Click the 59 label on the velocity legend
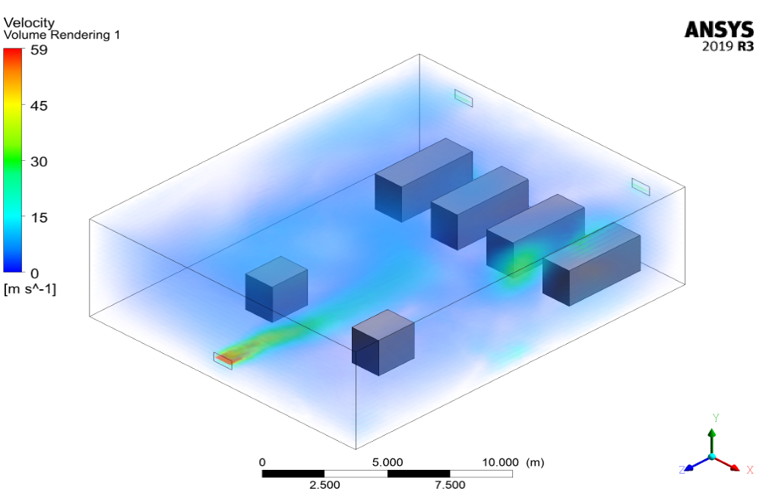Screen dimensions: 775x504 point(39,50)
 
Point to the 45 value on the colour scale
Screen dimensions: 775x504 point(39,106)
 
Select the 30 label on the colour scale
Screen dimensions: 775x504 point(39,162)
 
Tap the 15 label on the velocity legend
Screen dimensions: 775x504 point(39,217)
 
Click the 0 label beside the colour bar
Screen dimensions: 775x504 point(35,273)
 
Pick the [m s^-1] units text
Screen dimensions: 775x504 point(30,288)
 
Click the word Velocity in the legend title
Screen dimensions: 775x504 point(29,23)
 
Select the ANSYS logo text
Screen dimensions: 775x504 point(719,30)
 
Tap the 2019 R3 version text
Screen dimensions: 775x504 point(728,46)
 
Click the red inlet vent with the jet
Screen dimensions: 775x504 point(223,360)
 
